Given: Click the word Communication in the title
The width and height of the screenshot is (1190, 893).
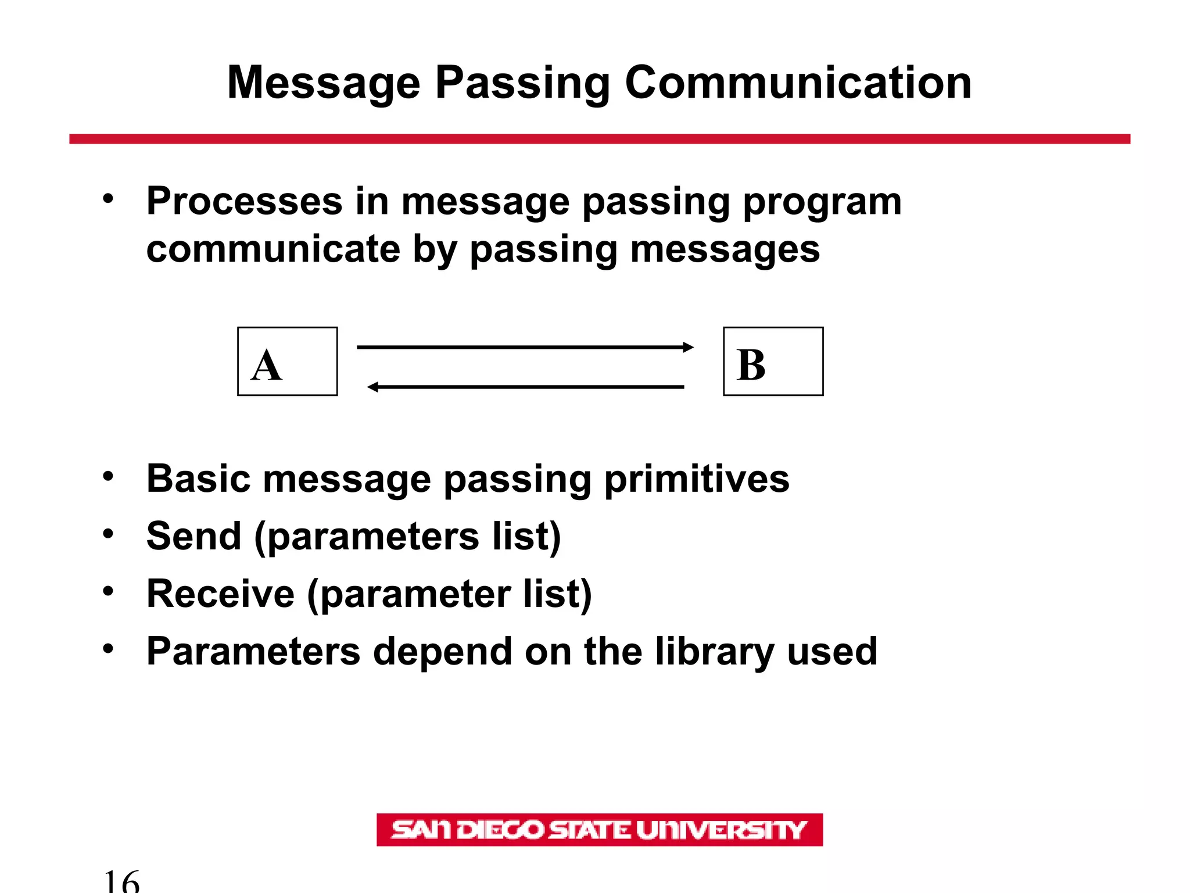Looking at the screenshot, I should (797, 83).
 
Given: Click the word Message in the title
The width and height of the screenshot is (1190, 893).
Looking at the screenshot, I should (323, 83).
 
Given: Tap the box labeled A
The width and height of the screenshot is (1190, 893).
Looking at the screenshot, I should (287, 362).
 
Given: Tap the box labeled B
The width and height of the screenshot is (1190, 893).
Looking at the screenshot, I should (773, 362).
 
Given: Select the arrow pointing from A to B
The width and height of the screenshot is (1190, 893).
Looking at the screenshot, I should (523, 347).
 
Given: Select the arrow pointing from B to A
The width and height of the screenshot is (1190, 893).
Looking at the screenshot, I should (523, 387).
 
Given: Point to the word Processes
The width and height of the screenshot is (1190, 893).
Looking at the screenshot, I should (244, 201).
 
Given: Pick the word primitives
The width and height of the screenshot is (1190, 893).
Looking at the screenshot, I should (696, 479).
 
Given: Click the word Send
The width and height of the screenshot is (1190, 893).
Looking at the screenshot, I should (193, 536).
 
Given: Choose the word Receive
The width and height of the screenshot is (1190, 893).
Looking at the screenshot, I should (220, 594).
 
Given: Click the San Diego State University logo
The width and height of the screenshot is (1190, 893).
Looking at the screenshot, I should (599, 830).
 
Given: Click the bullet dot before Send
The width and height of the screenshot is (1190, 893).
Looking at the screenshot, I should (108, 533).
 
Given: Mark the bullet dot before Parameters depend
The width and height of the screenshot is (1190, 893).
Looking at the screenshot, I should (108, 648).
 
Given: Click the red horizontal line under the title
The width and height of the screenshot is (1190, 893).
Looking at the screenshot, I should (599, 139).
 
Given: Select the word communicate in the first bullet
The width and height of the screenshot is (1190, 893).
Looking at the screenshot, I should (273, 249).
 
